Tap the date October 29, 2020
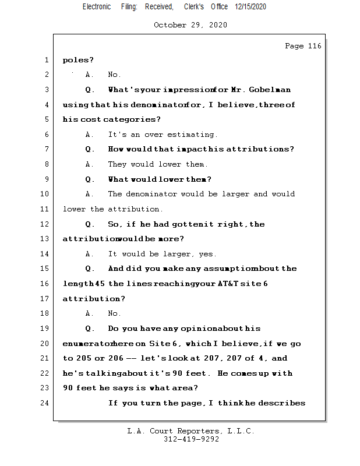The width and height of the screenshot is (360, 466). [190, 25]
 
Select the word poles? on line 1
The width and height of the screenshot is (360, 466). [78, 59]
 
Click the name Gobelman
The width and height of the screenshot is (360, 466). [270, 90]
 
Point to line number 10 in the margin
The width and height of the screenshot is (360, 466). [45, 194]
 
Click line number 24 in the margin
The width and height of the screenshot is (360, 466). [45, 403]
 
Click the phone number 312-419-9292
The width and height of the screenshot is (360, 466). [190, 440]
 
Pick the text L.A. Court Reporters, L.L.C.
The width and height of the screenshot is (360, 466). [190, 432]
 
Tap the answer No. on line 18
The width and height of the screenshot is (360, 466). [114, 313]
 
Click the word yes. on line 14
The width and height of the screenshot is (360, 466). [207, 254]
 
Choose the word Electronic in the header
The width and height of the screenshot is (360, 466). [96, 6]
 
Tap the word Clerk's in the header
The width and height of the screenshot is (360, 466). [193, 6]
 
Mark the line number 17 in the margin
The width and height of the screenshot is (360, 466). [45, 299]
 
